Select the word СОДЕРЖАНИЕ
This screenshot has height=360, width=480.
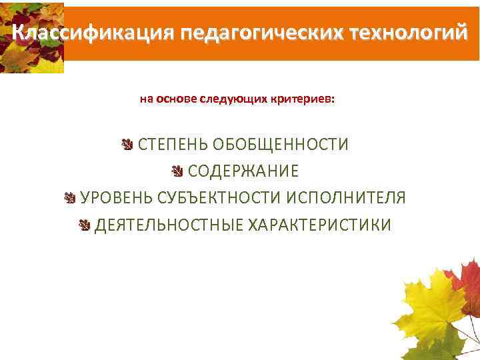[243, 171]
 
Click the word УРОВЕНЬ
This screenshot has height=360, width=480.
[117, 198]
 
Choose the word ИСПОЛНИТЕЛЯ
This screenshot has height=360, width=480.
[346, 198]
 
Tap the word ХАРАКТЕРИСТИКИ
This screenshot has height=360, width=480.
[320, 225]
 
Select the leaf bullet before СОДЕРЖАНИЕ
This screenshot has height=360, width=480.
[177, 171]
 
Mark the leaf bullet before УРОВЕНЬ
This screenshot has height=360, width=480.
[70, 198]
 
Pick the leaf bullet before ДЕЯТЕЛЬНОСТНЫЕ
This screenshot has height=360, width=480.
[84, 225]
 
